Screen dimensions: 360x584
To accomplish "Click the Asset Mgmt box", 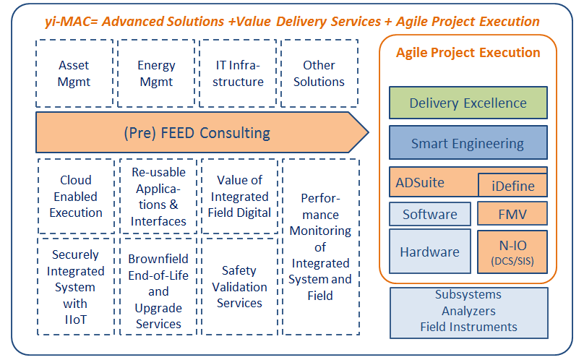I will [74, 74].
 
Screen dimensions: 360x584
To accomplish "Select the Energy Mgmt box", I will [156, 74].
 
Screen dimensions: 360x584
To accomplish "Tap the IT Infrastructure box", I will [239, 74].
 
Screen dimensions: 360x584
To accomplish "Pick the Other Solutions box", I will [319, 74].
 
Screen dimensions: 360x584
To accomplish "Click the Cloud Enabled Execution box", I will [76, 197].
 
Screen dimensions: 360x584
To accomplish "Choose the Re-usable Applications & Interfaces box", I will [158, 197].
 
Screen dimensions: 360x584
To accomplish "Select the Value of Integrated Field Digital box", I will [239, 197].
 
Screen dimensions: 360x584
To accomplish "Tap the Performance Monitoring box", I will [319, 247].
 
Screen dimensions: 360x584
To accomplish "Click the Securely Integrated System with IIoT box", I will [75, 287].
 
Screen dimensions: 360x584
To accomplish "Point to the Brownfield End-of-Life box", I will [158, 287].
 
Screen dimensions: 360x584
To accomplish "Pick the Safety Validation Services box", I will [239, 287].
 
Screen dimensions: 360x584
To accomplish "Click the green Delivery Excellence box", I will [468, 103].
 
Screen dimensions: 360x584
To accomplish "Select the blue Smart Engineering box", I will [468, 143].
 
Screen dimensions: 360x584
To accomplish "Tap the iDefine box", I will [512, 186].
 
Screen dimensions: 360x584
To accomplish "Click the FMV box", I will [512, 214].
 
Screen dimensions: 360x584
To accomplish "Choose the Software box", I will [429, 214].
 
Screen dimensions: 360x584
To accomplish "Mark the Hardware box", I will [429, 252].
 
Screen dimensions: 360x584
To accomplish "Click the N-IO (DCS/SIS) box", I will [512, 252].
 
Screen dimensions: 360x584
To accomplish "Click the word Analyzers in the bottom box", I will [468, 311].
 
